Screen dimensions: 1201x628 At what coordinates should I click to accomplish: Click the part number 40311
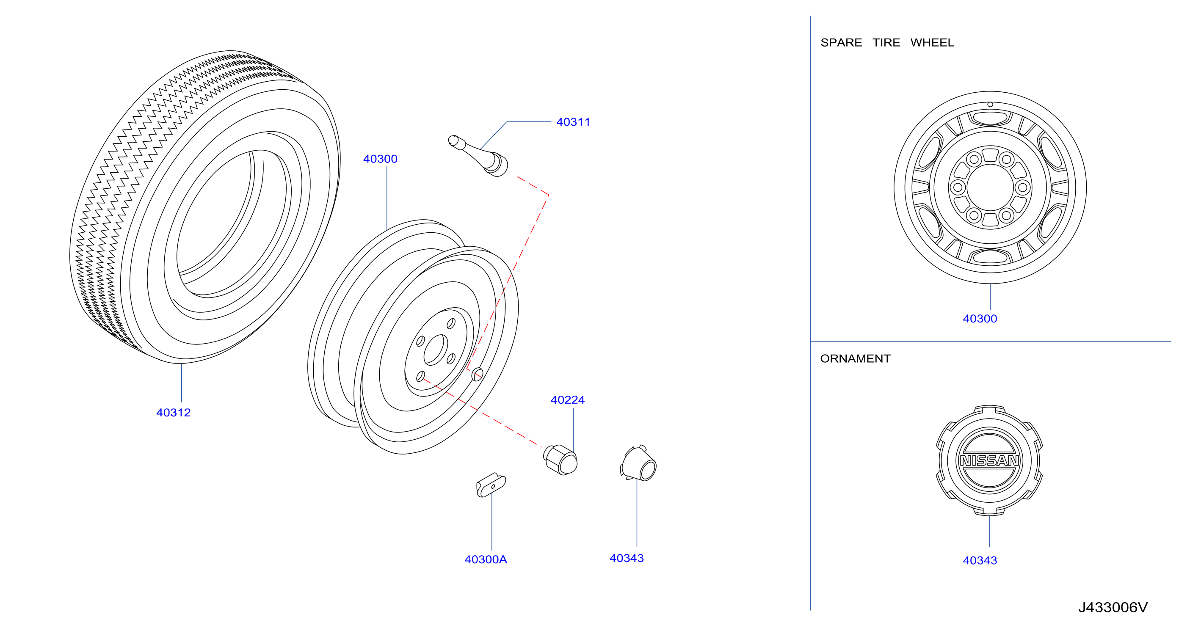click(573, 122)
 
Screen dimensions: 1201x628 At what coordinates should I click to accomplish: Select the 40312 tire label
click(174, 413)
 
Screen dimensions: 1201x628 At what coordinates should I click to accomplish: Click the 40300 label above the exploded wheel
click(381, 159)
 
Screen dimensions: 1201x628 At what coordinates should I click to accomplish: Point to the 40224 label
click(567, 400)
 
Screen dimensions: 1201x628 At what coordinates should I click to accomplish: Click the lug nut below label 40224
click(560, 460)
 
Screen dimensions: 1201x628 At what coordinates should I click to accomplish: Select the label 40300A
click(486, 559)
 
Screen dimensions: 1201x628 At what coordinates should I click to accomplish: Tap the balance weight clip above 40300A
click(491, 485)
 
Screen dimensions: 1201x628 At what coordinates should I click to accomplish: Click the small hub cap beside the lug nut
click(638, 463)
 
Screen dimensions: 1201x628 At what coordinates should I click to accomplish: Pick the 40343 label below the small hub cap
click(627, 559)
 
